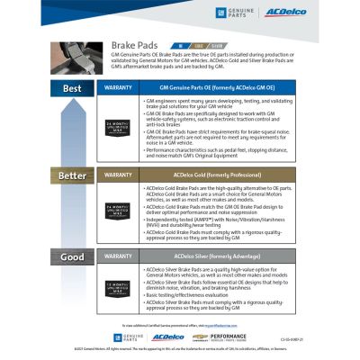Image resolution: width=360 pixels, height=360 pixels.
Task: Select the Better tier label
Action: [x=72, y=175]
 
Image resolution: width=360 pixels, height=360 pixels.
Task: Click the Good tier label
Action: [x=72, y=257]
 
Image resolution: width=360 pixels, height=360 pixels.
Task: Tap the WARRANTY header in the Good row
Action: [x=119, y=257]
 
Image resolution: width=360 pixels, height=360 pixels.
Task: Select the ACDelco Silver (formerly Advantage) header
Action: [x=220, y=257]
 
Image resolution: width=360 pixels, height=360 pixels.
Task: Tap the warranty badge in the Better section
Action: [x=119, y=208]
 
